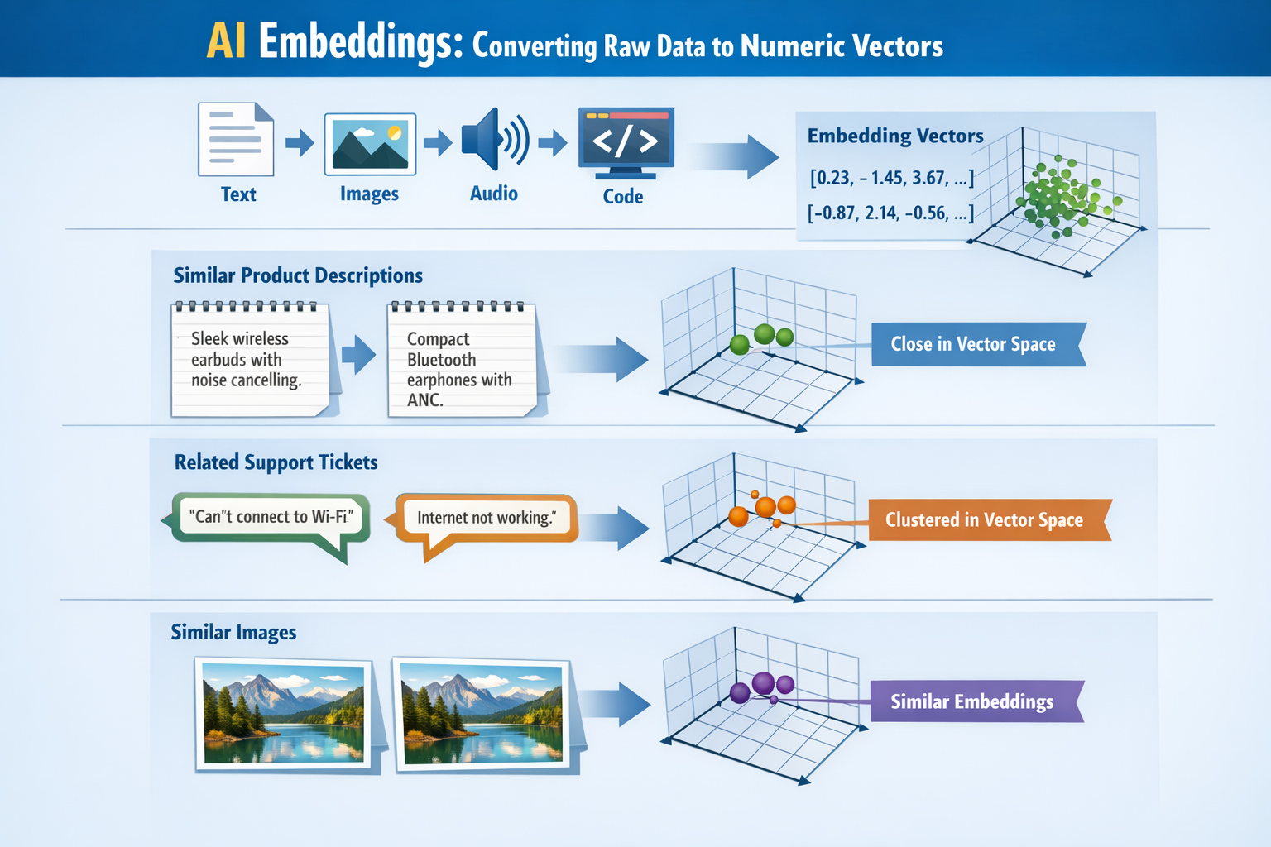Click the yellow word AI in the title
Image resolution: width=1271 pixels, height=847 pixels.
point(226,41)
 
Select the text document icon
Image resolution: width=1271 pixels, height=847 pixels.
point(236,139)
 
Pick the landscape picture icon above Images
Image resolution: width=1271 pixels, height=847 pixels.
point(370,144)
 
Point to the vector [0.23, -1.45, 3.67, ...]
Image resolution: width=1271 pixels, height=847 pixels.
point(891,178)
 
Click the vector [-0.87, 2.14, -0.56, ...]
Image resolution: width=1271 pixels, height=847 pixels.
point(890,213)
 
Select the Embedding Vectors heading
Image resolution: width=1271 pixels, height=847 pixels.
point(895,136)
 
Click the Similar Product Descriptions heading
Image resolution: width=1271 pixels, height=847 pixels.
point(298,275)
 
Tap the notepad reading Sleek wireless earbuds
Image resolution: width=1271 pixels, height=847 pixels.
point(251,360)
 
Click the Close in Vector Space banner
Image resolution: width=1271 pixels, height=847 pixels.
point(975,344)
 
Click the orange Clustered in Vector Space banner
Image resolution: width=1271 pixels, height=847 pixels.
point(985,519)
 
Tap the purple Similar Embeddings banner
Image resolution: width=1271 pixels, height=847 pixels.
point(974,701)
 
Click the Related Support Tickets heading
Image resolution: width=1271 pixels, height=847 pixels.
point(276,462)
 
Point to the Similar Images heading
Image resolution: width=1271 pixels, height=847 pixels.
point(233,633)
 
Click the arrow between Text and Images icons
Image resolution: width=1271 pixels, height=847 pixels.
point(300,142)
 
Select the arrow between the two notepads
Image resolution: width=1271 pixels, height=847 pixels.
point(358,355)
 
